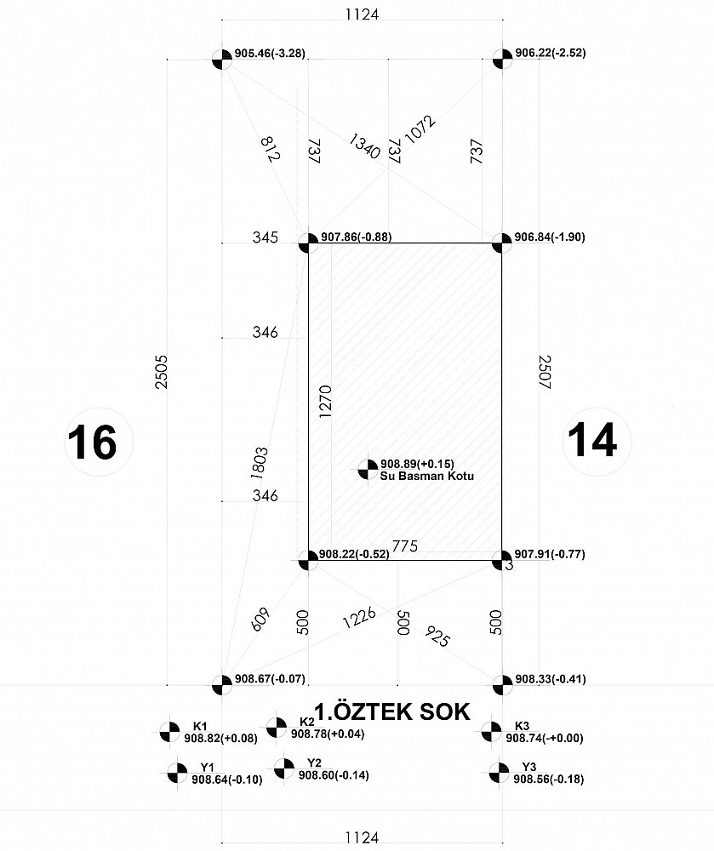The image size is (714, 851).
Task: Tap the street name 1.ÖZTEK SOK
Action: click(392, 711)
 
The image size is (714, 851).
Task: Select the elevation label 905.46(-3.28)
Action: click(270, 54)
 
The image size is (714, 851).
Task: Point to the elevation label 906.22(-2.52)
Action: click(550, 53)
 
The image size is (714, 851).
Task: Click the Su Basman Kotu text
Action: click(427, 476)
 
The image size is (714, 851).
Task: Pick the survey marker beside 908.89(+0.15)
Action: click(368, 470)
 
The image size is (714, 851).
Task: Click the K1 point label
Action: click(200, 726)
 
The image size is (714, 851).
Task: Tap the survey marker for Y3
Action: click(499, 773)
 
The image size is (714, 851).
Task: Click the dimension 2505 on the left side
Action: click(162, 372)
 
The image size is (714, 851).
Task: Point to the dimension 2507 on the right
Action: click(545, 373)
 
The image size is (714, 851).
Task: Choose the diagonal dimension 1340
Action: click(364, 146)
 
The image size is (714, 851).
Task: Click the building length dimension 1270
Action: click(325, 401)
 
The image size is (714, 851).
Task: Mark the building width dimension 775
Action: click(405, 545)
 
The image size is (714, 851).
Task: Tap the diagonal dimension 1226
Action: click(359, 618)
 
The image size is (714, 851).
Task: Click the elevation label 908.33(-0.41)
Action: click(550, 679)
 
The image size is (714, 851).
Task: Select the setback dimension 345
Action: click(266, 237)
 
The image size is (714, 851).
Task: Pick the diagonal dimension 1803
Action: click(260, 463)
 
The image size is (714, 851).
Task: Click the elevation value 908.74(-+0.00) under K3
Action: click(545, 738)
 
